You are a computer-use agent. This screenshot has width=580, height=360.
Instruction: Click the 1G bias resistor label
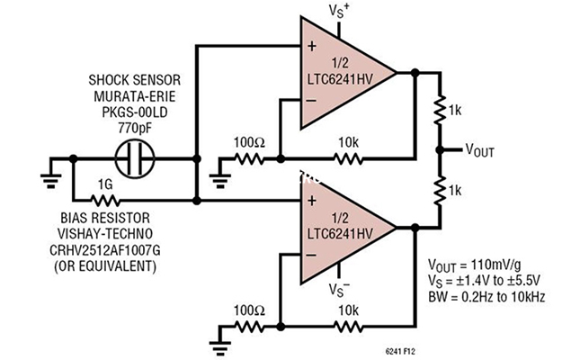pyautogui.click(x=106, y=185)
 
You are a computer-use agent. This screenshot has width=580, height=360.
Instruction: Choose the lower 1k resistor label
pyautogui.click(x=458, y=192)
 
